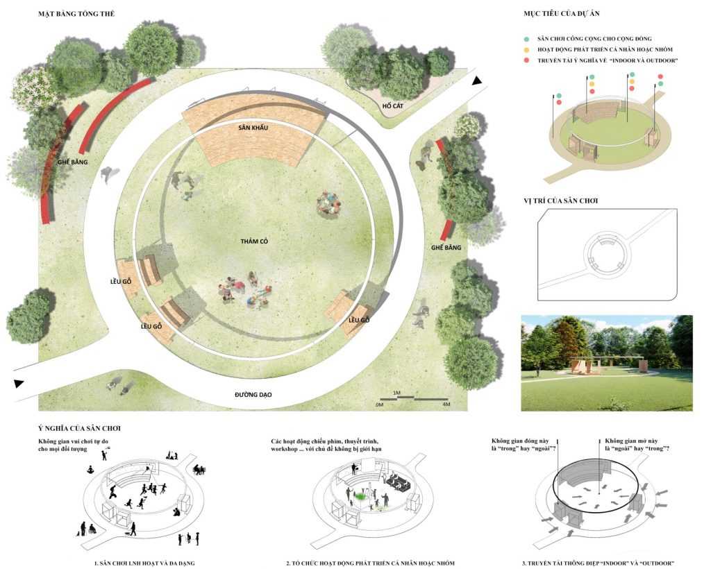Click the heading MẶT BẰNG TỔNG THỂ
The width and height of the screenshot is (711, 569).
tap(76, 14)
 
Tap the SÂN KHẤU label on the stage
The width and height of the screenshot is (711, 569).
tap(253, 128)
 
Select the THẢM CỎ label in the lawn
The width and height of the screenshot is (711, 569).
tap(254, 241)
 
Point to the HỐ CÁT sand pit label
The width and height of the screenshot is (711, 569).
tap(393, 106)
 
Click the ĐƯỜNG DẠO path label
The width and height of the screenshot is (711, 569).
tap(253, 395)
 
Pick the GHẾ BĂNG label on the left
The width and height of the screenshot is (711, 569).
tap(72, 162)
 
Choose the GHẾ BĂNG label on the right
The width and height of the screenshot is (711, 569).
tap(446, 247)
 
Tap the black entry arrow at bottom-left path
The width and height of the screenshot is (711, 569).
tap(19, 384)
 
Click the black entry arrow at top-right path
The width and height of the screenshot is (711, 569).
tap(476, 81)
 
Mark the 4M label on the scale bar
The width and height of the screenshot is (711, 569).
tap(446, 404)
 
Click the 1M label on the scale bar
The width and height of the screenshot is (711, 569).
tap(396, 393)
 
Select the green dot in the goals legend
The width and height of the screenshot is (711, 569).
tap(526, 39)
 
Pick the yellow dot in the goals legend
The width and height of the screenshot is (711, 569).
tap(526, 50)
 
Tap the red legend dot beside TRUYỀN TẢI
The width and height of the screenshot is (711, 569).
tap(526, 60)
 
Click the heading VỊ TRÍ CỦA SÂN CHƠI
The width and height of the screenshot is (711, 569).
tap(560, 201)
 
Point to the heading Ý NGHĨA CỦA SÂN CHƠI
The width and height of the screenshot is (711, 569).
tap(79, 428)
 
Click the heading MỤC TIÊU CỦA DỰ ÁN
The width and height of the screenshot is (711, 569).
tap(561, 14)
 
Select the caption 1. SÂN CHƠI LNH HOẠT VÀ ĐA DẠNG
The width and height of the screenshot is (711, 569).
tap(144, 563)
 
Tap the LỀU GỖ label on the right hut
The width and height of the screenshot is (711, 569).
tap(359, 320)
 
